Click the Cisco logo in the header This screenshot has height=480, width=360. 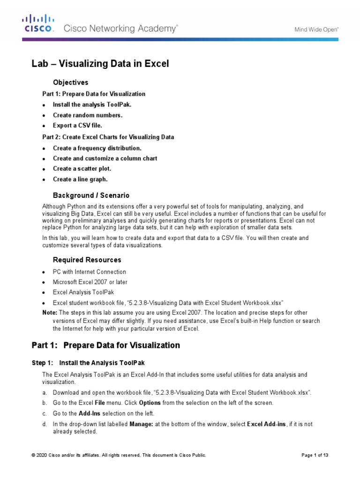[39, 23]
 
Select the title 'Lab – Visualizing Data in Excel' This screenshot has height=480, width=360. [100, 64]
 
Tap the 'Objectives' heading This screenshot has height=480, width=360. [70, 82]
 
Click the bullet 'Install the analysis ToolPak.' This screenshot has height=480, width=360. [92, 105]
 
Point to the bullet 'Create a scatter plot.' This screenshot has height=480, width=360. [82, 169]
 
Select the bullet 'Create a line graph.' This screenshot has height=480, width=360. [80, 179]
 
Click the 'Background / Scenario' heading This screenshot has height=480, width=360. [91, 195]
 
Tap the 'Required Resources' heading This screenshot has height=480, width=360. [87, 260]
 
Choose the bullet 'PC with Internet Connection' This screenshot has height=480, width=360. [89, 272]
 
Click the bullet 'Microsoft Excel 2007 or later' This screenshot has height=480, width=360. [90, 282]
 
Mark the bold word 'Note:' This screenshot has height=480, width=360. [50, 313]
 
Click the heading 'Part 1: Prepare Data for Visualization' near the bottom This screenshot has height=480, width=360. [105, 345]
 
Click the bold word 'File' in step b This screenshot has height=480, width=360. [100, 403]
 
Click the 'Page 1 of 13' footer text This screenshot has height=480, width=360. [315, 455]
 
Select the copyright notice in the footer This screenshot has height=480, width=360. [119, 455]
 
